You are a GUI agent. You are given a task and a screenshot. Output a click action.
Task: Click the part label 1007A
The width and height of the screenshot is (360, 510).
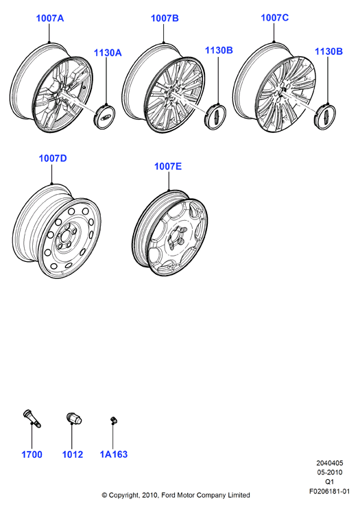(50, 19)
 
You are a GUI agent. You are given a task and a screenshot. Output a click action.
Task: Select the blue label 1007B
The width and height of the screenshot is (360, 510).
(165, 19)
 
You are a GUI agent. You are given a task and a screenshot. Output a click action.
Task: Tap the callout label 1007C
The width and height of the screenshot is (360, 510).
(275, 18)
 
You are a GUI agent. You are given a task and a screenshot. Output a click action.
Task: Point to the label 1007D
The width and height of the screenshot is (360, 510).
(53, 158)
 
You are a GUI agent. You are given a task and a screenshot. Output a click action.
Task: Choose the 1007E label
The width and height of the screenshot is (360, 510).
(168, 167)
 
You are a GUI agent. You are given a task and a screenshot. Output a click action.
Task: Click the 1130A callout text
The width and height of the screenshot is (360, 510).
(108, 53)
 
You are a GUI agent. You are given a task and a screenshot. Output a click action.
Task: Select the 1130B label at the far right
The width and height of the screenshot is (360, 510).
(328, 51)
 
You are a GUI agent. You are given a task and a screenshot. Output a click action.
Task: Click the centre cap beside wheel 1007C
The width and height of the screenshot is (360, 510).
(325, 117)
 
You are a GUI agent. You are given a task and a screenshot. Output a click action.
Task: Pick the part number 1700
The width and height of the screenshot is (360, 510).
(32, 454)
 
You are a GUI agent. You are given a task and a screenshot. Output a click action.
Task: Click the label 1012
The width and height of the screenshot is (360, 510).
(73, 454)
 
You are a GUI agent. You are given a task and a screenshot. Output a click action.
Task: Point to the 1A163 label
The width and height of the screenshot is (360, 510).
(114, 454)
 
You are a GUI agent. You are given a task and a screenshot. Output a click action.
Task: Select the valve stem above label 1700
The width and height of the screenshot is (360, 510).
(32, 419)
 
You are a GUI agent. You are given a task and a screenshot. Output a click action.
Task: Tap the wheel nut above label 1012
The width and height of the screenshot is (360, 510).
(74, 418)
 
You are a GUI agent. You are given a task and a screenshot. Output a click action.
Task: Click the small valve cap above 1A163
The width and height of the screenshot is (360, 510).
(114, 420)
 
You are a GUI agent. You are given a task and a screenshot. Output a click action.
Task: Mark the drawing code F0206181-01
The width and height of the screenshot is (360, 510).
(329, 491)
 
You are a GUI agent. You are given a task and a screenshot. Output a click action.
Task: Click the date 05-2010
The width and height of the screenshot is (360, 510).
(329, 472)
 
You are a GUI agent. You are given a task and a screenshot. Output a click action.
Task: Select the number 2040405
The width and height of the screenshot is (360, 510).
(329, 463)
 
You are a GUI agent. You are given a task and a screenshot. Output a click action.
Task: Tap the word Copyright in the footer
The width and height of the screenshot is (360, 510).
(124, 496)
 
